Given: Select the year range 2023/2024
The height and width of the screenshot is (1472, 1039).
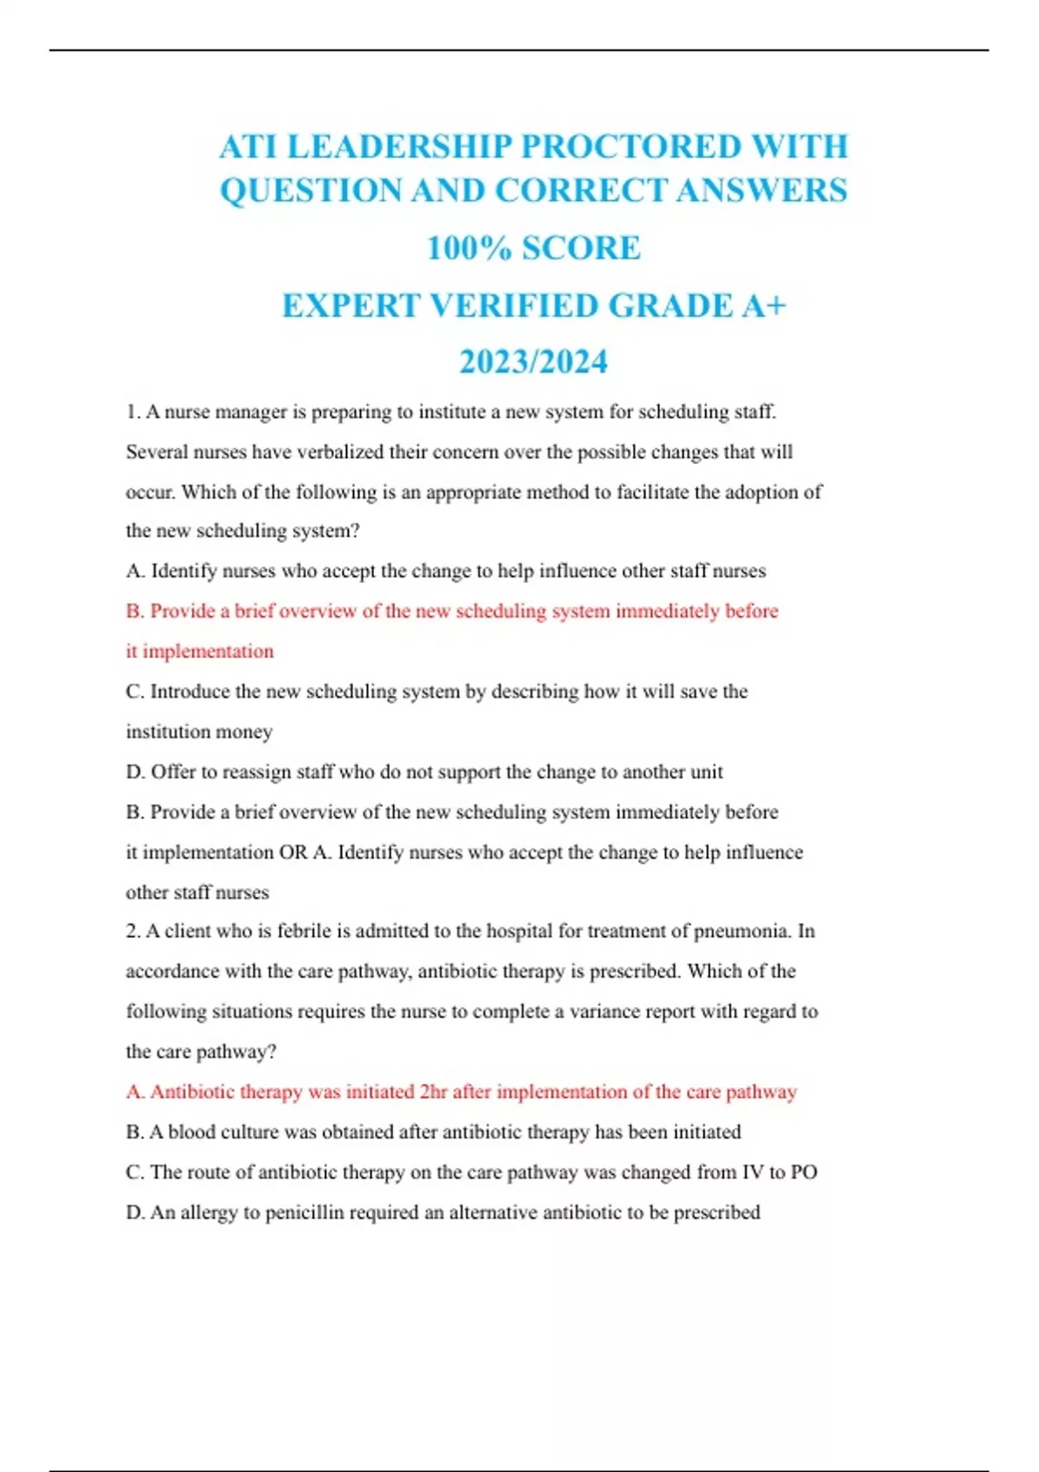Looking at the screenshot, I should coord(533,362).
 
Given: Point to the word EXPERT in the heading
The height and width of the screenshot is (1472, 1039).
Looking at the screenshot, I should coord(350,306).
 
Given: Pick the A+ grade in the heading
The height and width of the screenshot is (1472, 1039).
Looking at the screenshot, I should coord(763,306).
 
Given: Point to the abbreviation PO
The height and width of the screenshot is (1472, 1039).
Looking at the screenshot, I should coord(803,1172).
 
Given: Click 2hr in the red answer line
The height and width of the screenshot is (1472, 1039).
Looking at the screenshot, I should coord(433,1091).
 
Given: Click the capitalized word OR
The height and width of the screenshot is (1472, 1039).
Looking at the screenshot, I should coord(293,852).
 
